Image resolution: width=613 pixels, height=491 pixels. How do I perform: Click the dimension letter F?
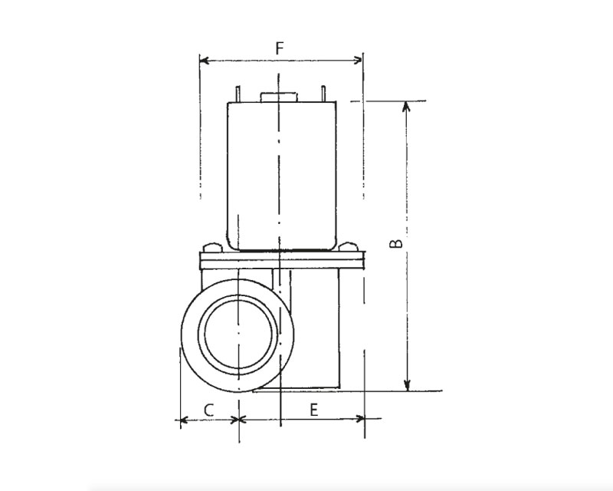[279, 48]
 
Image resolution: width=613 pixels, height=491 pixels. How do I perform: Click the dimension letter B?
[396, 243]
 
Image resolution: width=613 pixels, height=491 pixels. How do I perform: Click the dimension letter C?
[208, 410]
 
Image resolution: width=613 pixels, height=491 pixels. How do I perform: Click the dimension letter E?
[313, 410]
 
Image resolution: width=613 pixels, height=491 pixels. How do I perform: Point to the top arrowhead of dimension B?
[407, 106]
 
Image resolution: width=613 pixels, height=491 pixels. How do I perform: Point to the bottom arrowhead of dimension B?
[407, 386]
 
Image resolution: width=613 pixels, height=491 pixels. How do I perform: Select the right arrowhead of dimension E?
[359, 419]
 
